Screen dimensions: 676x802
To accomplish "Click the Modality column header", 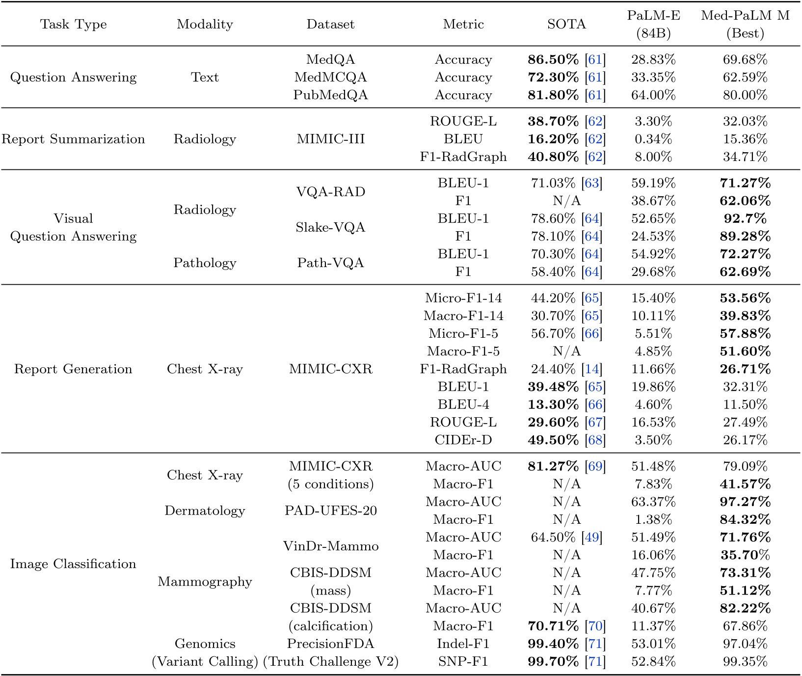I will (x=205, y=24).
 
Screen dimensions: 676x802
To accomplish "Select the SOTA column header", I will (x=566, y=24).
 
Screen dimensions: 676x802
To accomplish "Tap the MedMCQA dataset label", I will (x=330, y=77).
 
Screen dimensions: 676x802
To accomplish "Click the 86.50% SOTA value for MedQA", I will (x=553, y=59).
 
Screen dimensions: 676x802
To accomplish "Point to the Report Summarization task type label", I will (x=73, y=139).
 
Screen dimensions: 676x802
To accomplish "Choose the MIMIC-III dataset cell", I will (x=330, y=139).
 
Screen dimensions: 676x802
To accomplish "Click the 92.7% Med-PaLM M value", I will (x=745, y=218).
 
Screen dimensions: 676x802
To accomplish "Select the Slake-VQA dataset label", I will (x=330, y=227).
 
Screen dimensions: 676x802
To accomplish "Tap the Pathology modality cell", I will (x=205, y=263).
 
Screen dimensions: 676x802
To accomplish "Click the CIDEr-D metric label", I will (x=463, y=440).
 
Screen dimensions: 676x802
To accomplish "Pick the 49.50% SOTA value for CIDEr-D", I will (x=553, y=440).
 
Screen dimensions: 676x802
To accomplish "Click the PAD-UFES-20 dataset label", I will (x=330, y=511).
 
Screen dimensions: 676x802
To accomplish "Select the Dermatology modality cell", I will (x=205, y=511).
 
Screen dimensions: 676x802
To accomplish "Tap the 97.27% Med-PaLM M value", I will (x=745, y=502).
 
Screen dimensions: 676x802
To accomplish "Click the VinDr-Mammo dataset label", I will (x=330, y=546).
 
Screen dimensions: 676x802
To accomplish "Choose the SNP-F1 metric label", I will (x=463, y=661).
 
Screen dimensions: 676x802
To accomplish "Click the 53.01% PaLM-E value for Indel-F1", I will (x=653, y=644).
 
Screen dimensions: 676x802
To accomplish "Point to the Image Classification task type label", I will (x=73, y=564).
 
